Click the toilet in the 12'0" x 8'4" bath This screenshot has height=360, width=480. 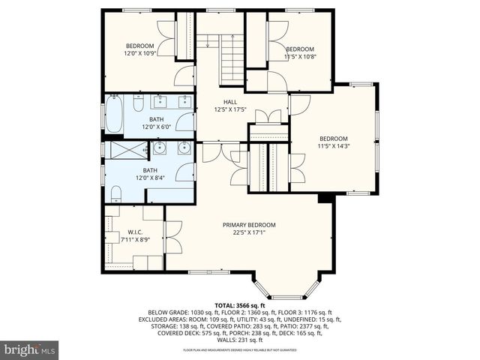pos(116,194)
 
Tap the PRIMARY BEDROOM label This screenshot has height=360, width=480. pos(249,224)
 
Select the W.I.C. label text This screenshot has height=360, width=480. pos(135,232)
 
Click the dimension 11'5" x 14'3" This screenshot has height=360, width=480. pos(334,146)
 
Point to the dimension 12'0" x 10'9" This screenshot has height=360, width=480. pos(139,53)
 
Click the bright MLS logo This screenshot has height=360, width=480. pos(30,349)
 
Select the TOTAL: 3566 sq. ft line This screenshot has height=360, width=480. pos(240,306)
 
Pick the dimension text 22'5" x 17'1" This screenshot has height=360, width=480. pos(249,232)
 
